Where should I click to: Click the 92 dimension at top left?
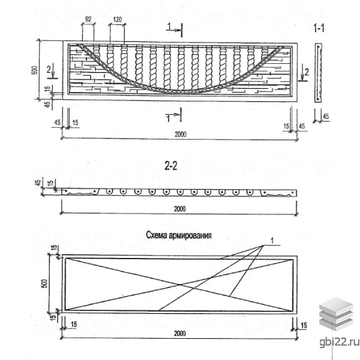(88, 19)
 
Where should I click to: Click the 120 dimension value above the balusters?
(117, 19)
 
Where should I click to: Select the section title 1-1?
(319, 28)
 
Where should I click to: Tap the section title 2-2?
(171, 166)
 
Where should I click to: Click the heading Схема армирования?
(178, 235)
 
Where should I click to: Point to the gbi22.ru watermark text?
(339, 342)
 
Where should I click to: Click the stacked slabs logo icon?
(336, 314)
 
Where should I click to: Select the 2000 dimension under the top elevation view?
(181, 134)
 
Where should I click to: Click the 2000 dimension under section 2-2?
(180, 209)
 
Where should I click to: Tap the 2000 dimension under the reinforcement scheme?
(180, 333)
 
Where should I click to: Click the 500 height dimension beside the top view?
(34, 70)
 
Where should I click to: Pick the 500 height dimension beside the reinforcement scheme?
(44, 284)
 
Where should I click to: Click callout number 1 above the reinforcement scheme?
(272, 241)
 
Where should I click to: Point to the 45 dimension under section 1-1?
(326, 116)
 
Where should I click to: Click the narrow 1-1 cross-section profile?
(318, 73)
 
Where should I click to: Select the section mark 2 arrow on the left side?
(52, 72)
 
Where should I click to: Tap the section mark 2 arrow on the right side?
(304, 73)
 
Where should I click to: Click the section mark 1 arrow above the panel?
(175, 29)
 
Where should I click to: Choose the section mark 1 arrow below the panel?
(175, 115)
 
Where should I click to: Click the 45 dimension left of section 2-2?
(38, 183)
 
